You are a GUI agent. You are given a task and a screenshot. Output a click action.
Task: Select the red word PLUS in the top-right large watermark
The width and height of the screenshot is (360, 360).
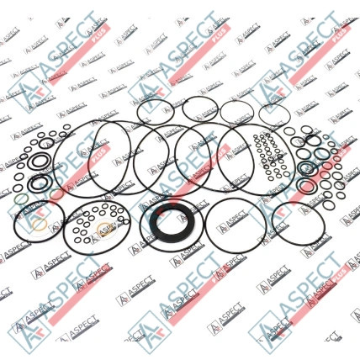click(x=341, y=33)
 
